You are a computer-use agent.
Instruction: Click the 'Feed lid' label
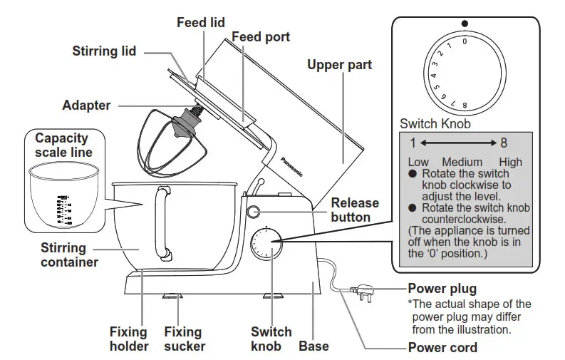201,23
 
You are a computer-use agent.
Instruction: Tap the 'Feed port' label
261,36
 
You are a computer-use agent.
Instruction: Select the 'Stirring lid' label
104,51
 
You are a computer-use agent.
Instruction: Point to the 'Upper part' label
339,66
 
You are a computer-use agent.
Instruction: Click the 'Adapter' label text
86,106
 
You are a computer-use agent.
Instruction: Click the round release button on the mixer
254,211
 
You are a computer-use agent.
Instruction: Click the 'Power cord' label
442,348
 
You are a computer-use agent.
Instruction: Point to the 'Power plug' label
442,289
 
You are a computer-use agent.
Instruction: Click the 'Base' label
313,346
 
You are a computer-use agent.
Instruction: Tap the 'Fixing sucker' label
185,339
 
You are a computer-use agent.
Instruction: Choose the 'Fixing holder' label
128,339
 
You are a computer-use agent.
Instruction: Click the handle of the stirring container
162,221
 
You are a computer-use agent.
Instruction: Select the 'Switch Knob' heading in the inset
435,123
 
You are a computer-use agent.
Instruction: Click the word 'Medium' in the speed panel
462,162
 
